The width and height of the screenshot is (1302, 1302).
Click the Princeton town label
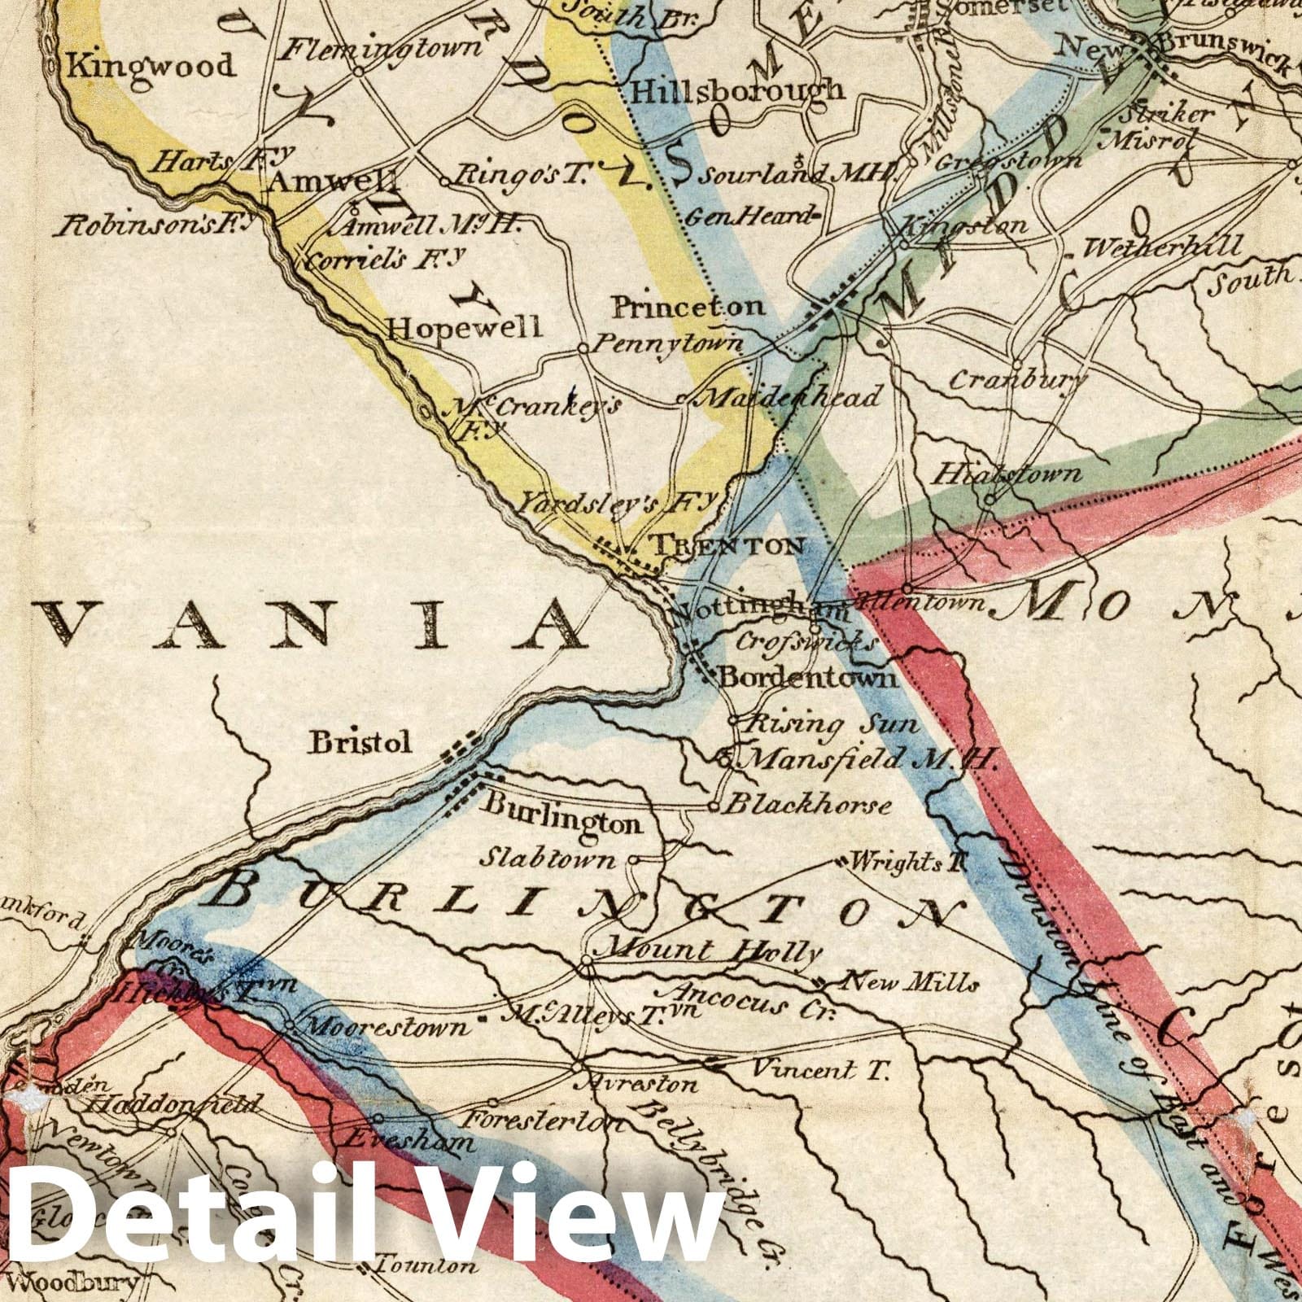[688, 307]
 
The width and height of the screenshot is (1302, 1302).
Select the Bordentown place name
[807, 677]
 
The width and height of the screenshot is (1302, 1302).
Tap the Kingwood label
[150, 65]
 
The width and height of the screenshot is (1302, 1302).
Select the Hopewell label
[464, 327]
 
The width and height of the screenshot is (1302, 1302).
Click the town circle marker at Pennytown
[583, 347]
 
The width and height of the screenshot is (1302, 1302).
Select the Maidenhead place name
[789, 397]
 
